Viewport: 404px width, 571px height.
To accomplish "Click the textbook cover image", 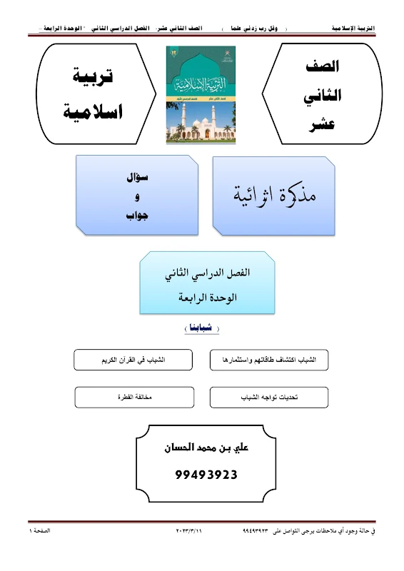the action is coord(200,94).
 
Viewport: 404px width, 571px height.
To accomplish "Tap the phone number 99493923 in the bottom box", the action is coord(206,474).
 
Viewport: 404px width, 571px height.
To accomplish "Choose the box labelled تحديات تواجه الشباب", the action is coord(269,397).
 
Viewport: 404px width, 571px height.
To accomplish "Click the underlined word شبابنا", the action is coord(197,329).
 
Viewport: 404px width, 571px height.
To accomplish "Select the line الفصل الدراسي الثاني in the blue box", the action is coord(197,273).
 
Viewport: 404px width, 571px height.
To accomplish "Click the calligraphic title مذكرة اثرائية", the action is coord(275,194).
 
